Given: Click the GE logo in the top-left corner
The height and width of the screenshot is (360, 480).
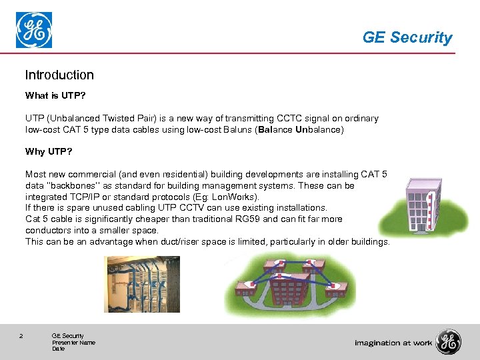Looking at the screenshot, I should pos(34,31).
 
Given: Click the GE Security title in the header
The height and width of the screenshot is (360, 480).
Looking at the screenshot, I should pos(407,38).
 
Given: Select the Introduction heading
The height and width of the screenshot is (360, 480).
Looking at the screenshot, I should pos(59,75).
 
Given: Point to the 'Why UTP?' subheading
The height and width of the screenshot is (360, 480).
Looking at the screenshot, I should pos(48,151).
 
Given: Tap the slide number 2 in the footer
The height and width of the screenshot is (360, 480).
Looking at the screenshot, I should pos(21,336).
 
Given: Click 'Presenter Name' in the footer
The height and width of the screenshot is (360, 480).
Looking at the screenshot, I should pos(73,343).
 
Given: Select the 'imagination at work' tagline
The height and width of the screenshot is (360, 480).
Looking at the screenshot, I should pos(393,343).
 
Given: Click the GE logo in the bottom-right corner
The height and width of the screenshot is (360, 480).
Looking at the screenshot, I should pos(448,342).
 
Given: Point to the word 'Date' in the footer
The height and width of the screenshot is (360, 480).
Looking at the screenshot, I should pos(58,349).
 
